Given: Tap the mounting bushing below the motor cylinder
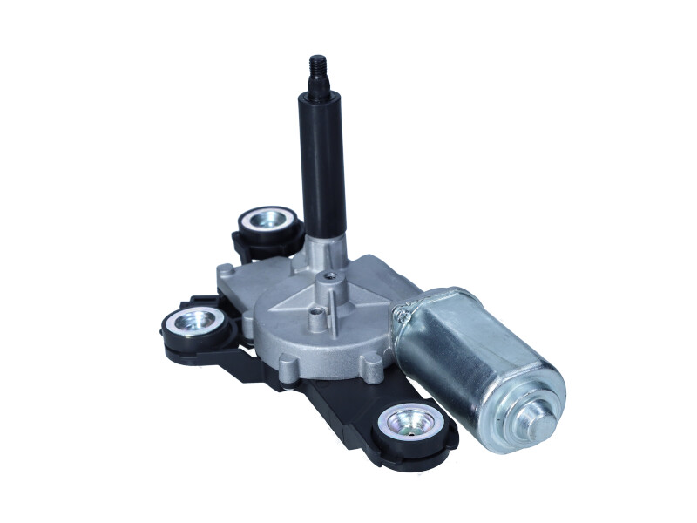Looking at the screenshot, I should tap(413, 425).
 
